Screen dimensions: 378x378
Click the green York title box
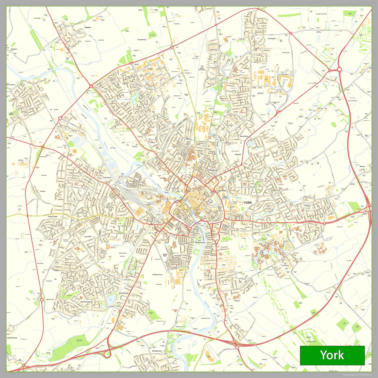tap(332, 355)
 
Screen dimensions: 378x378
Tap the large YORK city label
tap(248, 202)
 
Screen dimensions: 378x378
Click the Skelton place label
tap(88, 28)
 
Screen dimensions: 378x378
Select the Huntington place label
tap(272, 39)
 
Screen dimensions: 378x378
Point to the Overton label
tap(14, 49)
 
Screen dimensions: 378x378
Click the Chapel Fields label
tap(53, 217)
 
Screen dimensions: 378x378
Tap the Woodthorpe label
tap(85, 302)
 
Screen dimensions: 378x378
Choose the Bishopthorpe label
tap(157, 351)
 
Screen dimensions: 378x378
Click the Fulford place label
tap(237, 301)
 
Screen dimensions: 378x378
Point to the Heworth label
tap(238, 155)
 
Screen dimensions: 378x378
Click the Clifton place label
tap(153, 143)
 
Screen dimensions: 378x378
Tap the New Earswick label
tap(202, 69)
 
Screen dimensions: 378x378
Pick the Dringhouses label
tap(124, 293)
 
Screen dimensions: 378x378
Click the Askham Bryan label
tap(12, 338)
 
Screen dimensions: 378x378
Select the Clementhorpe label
tap(200, 242)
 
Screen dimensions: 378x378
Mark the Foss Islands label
tap(225, 197)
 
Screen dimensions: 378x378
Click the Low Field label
tap(88, 237)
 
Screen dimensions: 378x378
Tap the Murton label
tap(362, 166)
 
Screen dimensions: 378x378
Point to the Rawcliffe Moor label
tap(142, 40)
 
